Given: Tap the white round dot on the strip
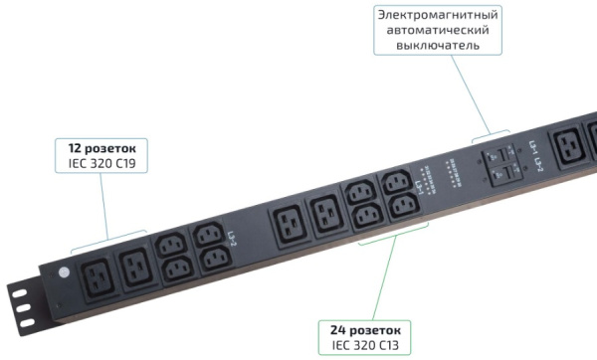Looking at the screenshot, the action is click(x=65, y=270).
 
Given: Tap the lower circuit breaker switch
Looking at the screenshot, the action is click(x=502, y=174).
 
